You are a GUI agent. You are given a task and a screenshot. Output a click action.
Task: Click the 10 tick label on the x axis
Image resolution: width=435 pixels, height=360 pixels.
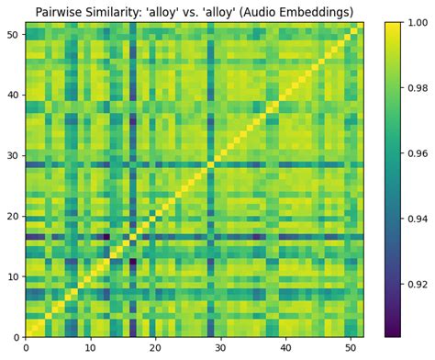click(90, 348)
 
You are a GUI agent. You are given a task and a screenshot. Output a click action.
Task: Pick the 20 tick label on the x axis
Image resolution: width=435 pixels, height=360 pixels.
click(155, 348)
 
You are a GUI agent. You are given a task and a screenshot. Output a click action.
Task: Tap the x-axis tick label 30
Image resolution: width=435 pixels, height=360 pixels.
click(220, 348)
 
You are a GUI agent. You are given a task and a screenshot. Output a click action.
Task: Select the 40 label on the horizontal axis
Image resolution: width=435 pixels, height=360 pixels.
click(285, 348)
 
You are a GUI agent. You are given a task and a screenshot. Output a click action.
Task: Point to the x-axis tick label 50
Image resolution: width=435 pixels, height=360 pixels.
click(350, 348)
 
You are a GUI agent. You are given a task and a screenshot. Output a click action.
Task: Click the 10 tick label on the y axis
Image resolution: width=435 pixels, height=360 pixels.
click(13, 276)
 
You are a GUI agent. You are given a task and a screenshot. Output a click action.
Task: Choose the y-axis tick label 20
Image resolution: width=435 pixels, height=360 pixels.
click(13, 216)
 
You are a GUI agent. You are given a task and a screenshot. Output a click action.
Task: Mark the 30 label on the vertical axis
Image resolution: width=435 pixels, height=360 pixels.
click(13, 156)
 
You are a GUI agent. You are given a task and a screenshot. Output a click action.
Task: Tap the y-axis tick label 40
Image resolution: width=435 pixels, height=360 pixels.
click(13, 96)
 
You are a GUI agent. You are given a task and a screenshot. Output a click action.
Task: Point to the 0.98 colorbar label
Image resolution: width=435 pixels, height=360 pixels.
click(417, 88)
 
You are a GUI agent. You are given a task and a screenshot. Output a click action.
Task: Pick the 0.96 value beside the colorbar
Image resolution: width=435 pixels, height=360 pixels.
click(417, 153)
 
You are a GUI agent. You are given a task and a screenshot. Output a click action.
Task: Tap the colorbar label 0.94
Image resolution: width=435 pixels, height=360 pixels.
click(417, 219)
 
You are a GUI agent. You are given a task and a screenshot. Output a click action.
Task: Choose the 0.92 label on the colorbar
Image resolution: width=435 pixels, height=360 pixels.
click(417, 285)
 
